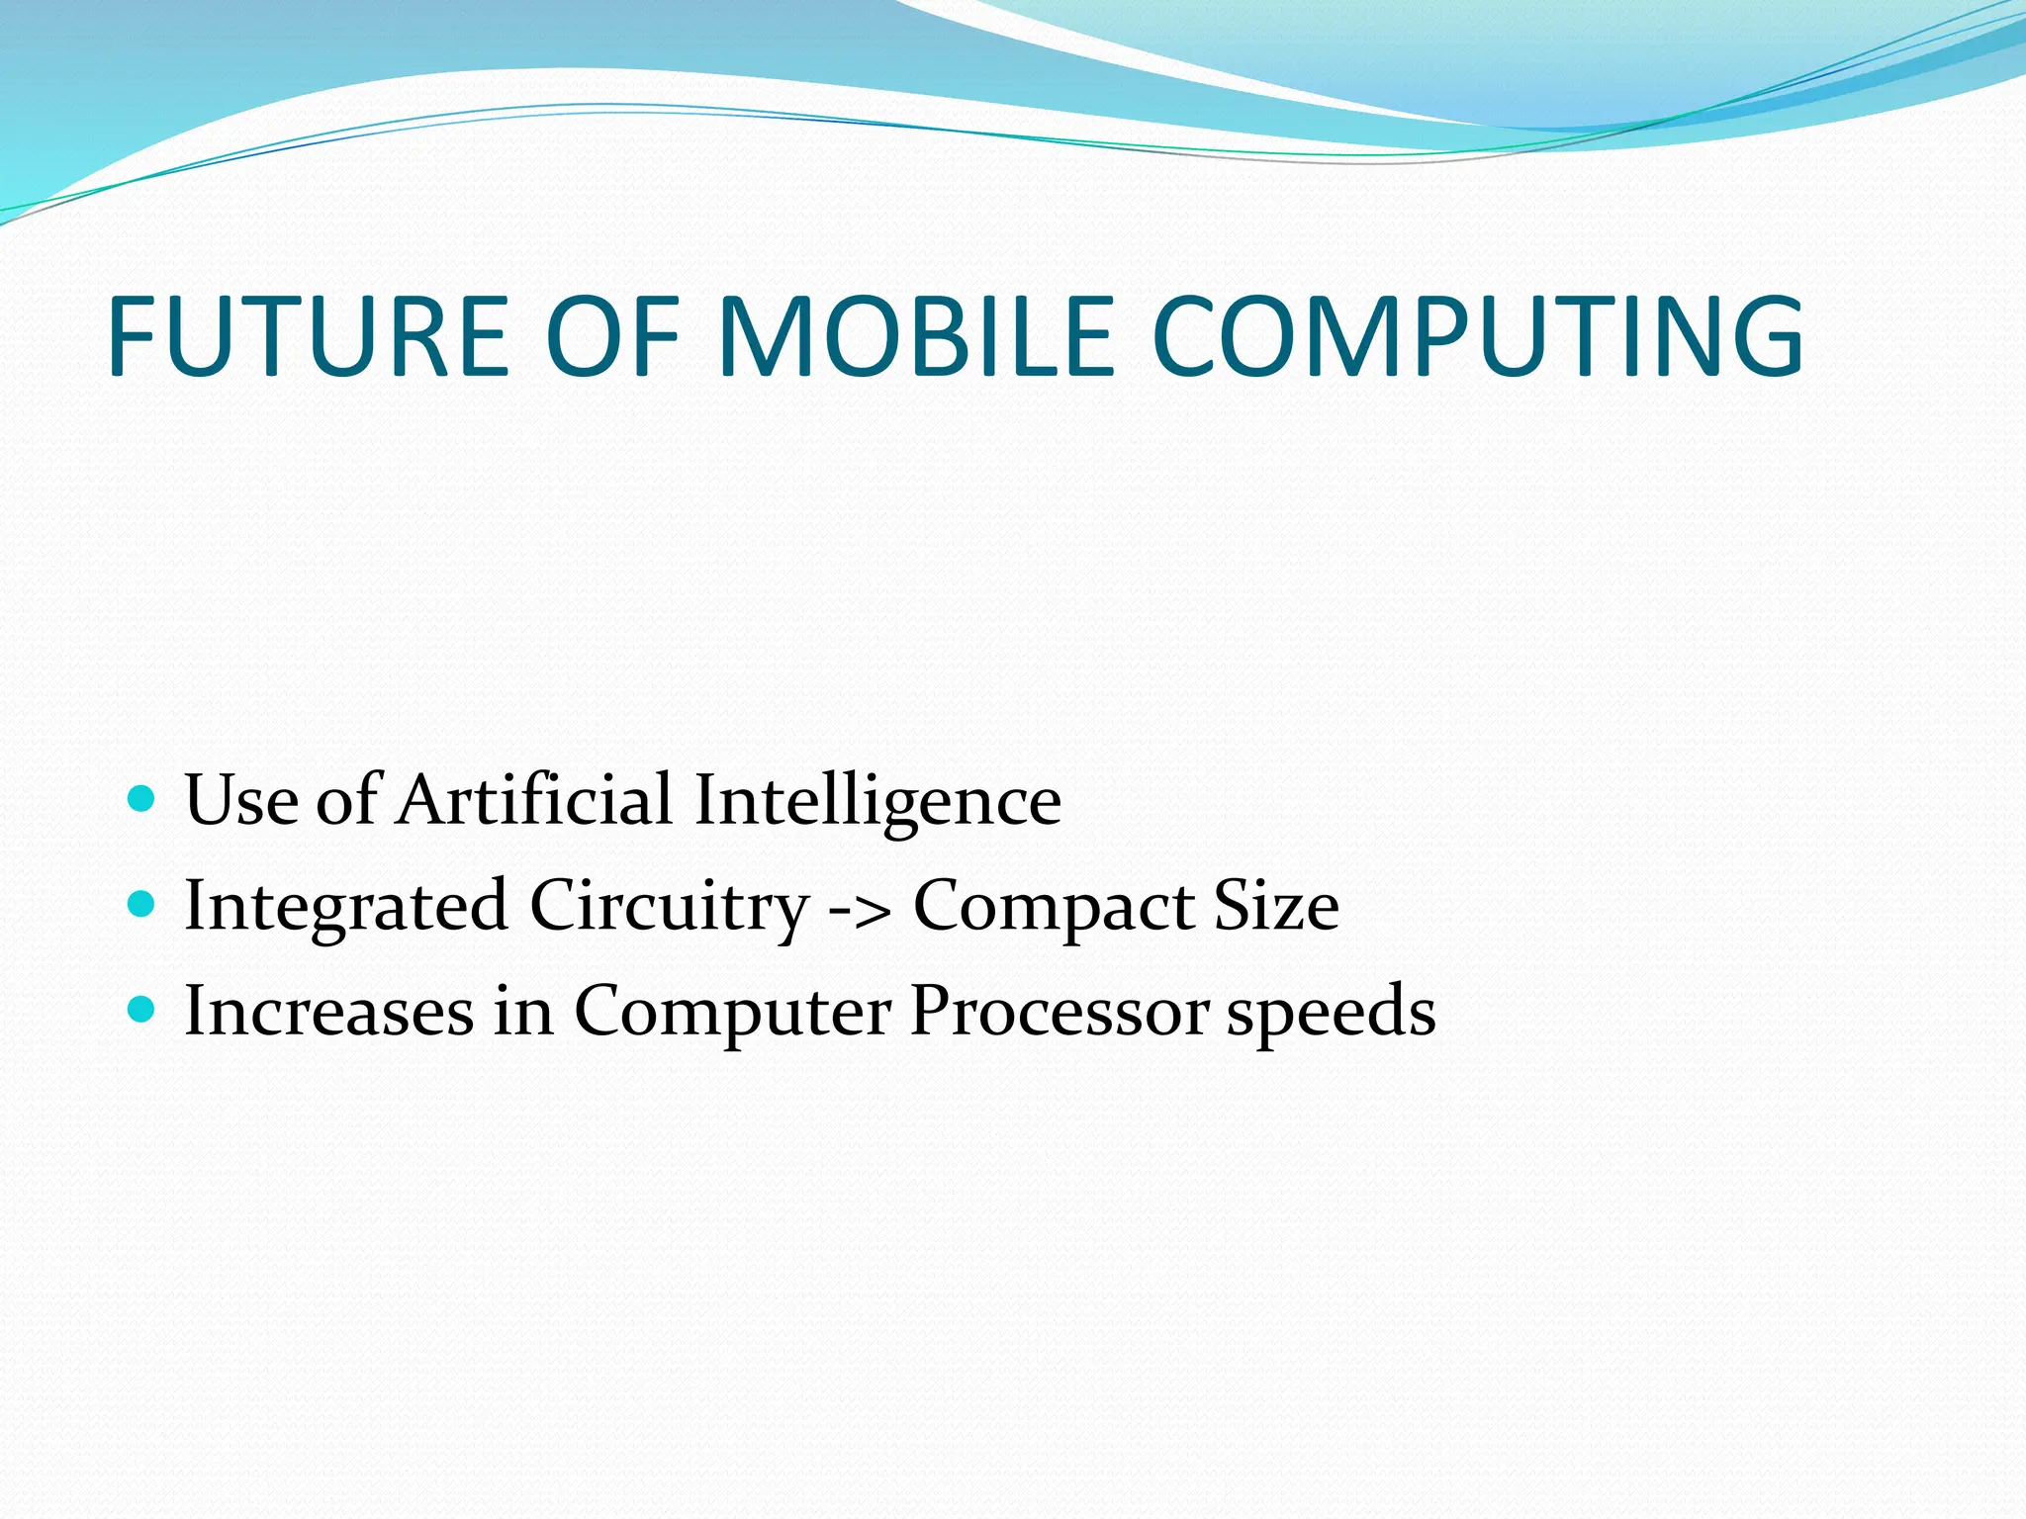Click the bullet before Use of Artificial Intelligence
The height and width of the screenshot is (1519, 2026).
[142, 797]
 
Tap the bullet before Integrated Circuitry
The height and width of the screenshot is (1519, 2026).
[142, 903]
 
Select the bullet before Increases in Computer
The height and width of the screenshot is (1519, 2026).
[142, 1009]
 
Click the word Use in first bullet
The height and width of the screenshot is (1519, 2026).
[241, 799]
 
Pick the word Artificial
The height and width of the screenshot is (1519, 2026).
[534, 799]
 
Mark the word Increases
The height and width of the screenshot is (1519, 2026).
[329, 1011]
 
